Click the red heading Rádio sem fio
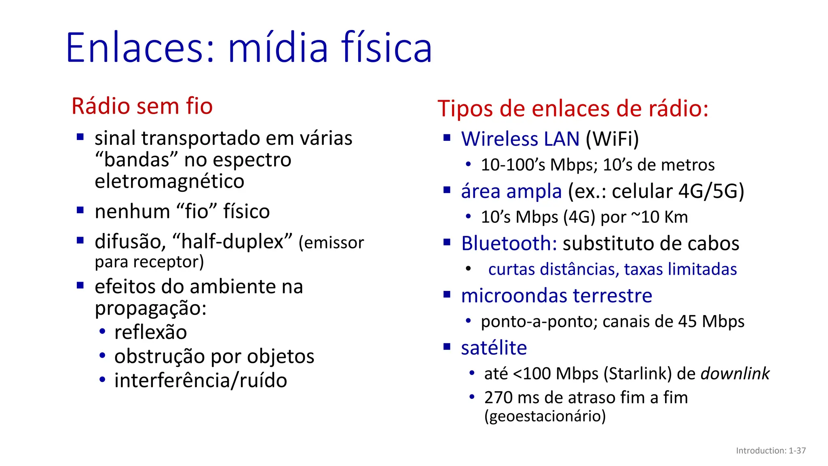(x=142, y=106)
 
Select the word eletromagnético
(x=169, y=181)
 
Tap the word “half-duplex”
(x=232, y=241)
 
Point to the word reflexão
(x=150, y=332)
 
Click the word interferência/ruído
(x=201, y=380)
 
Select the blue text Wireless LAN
(x=520, y=139)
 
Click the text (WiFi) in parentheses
(x=612, y=139)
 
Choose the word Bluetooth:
(x=509, y=243)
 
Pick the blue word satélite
(x=494, y=347)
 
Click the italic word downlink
(x=735, y=373)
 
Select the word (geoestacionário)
(x=545, y=416)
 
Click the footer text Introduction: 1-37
(x=771, y=451)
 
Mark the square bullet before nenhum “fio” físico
(x=80, y=210)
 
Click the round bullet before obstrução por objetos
(x=102, y=356)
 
